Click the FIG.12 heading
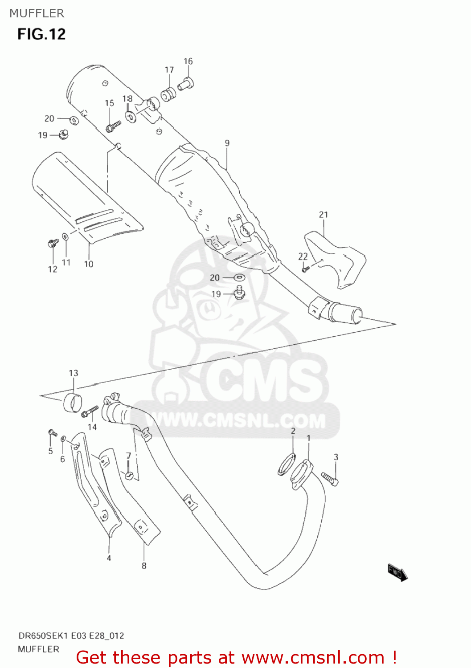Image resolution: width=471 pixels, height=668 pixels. click(41, 34)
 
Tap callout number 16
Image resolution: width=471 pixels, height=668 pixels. click(188, 61)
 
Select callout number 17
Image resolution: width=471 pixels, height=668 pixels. click(169, 70)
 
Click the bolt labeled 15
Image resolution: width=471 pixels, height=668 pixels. click(113, 126)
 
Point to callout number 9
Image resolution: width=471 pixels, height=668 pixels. click(227, 143)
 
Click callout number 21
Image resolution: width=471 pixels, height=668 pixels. click(324, 215)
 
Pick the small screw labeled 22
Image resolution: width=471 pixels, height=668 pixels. click(305, 269)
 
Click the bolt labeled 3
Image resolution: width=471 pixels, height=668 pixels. click(330, 479)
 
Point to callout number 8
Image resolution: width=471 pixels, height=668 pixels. click(144, 566)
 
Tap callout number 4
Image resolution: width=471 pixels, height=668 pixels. click(109, 558)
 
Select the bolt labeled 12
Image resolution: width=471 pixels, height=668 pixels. click(53, 244)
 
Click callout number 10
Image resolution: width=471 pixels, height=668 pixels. click(89, 264)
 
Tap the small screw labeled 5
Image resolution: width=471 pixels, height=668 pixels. click(52, 432)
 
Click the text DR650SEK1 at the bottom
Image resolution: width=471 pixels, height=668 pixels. click(40, 635)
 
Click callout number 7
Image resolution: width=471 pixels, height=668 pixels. click(128, 456)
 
